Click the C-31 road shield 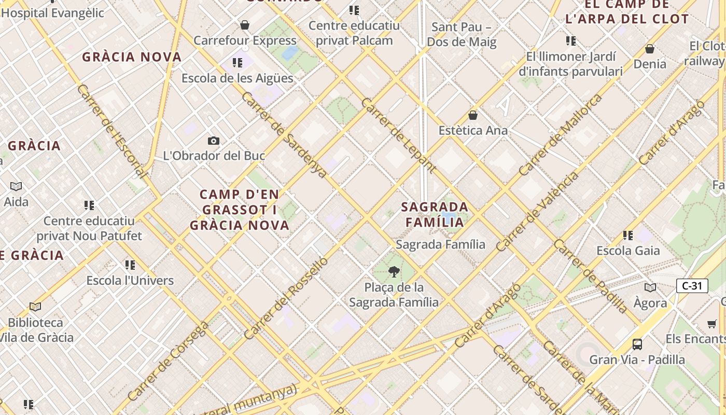click(692, 286)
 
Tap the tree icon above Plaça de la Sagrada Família click(394, 271)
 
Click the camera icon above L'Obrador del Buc click(213, 141)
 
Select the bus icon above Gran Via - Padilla click(637, 344)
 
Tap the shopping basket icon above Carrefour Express click(245, 25)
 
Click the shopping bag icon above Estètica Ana click(472, 115)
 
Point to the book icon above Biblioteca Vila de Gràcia click(35, 307)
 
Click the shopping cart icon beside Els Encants click(712, 324)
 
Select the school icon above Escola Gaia click(628, 236)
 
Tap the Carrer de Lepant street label click(398, 135)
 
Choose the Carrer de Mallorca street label click(561, 134)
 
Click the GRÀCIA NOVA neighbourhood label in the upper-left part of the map click(132, 57)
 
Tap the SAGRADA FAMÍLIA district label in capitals click(435, 214)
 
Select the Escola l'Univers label click(130, 281)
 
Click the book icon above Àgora click(650, 287)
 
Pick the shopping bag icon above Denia click(649, 49)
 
